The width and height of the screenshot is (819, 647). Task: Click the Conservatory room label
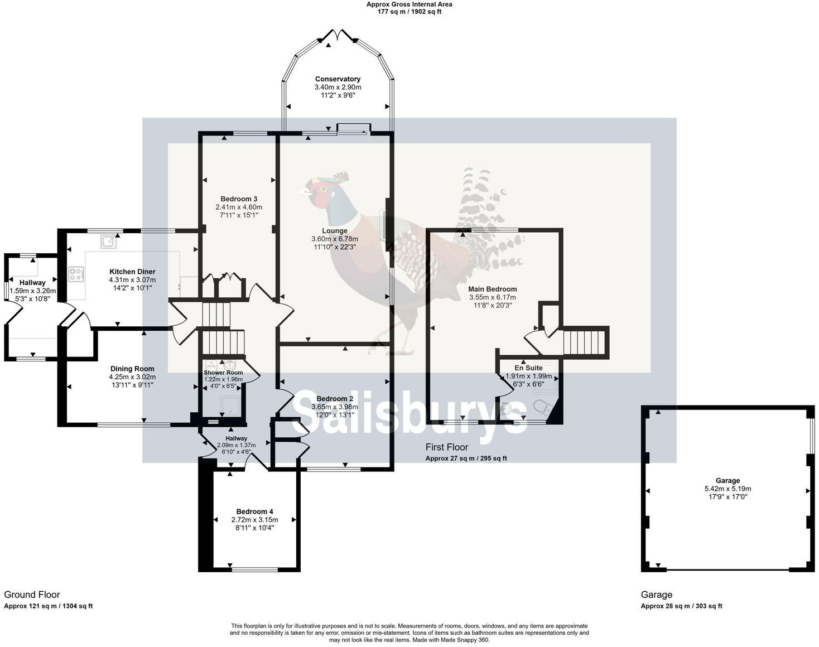(x=338, y=79)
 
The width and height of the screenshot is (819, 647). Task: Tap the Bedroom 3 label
(x=239, y=199)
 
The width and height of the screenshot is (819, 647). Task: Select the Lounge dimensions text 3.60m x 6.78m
(x=335, y=239)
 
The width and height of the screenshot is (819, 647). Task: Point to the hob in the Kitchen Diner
(x=76, y=274)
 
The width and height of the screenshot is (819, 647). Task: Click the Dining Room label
(x=132, y=369)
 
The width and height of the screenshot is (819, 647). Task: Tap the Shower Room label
(x=223, y=373)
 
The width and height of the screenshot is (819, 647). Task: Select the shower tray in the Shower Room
(x=231, y=405)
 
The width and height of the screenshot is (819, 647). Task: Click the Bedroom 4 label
(x=254, y=511)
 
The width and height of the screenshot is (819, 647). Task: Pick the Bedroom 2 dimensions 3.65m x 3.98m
(x=335, y=407)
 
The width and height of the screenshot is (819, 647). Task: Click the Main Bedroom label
(x=492, y=289)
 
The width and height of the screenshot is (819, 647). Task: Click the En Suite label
(x=528, y=368)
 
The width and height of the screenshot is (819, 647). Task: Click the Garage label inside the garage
(x=728, y=480)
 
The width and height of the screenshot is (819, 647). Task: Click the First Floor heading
(x=446, y=447)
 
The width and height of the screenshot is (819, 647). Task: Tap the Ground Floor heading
(x=32, y=595)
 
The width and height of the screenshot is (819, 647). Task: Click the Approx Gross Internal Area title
(x=409, y=4)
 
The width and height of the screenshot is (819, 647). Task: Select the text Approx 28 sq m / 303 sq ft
(x=681, y=606)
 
